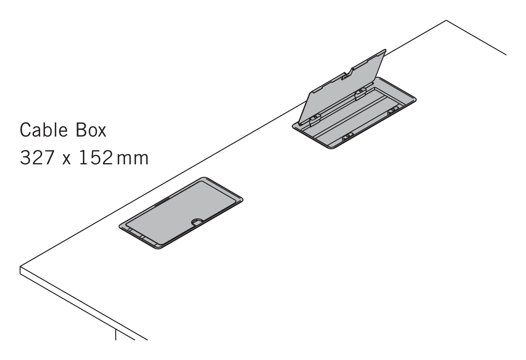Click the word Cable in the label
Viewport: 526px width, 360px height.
(x=44, y=130)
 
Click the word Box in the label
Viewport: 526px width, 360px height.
(x=91, y=130)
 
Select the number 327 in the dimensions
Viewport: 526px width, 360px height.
(x=38, y=158)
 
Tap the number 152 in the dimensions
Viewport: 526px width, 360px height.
(x=96, y=158)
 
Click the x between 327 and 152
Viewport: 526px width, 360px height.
(x=67, y=160)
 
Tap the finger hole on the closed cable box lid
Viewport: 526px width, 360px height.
(x=197, y=221)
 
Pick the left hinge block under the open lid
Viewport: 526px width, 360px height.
(x=315, y=120)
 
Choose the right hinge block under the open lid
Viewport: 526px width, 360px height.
(x=361, y=94)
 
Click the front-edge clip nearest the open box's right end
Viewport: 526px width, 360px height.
(x=393, y=110)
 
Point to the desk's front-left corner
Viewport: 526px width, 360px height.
(x=20, y=266)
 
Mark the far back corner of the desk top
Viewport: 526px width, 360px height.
(x=446, y=20)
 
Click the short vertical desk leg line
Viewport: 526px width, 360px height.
(x=115, y=335)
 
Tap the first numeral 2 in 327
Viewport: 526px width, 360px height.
(x=38, y=158)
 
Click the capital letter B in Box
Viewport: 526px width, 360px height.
(x=81, y=130)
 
